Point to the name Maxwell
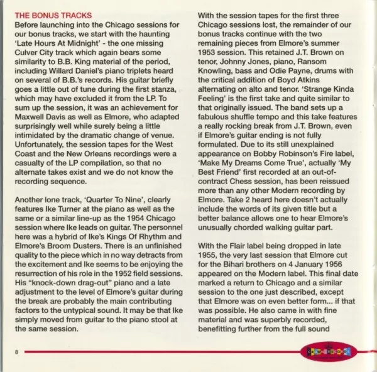point(31,113)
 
